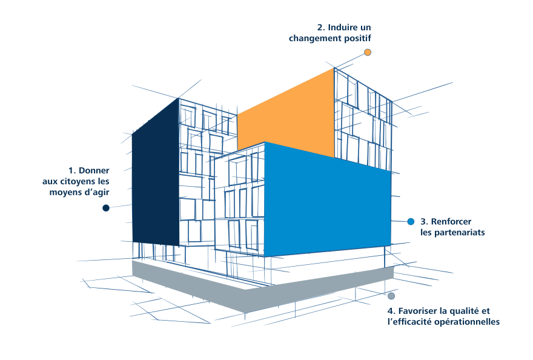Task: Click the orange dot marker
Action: tap(368, 52)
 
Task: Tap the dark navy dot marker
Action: tap(106, 208)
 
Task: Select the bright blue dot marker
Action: tap(411, 222)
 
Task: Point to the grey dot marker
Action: tap(391, 296)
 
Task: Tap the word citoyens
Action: tap(76, 182)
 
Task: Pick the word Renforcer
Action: tap(451, 221)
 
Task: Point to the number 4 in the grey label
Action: tap(391, 311)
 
